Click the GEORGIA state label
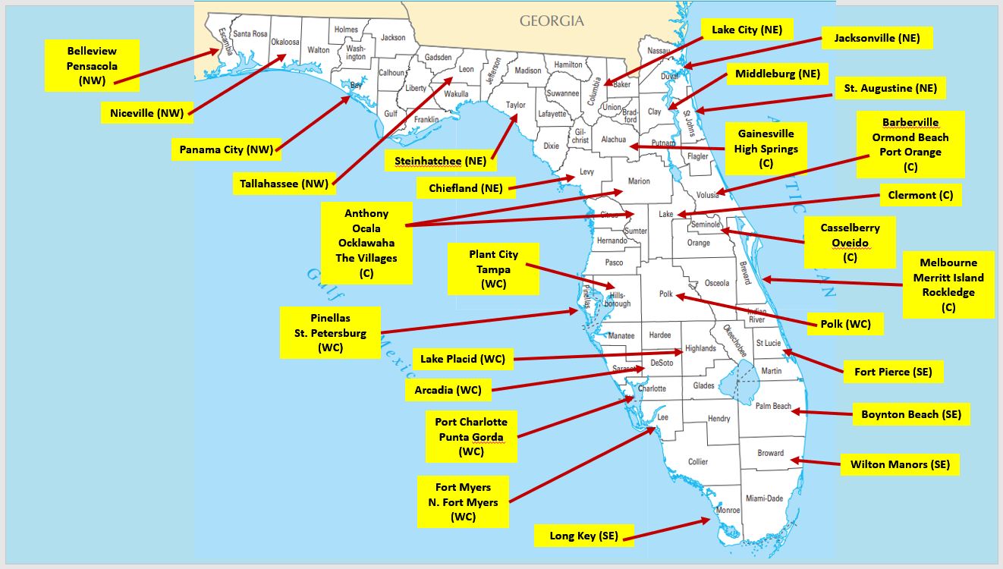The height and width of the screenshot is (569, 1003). pyautogui.click(x=552, y=21)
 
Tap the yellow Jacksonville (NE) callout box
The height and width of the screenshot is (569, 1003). pyautogui.click(x=878, y=38)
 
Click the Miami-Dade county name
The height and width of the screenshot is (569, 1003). pyautogui.click(x=764, y=498)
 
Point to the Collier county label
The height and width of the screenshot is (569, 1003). pyautogui.click(x=698, y=461)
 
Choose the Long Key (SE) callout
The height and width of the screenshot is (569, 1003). pyautogui.click(x=583, y=536)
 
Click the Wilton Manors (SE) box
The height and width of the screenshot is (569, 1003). pyautogui.click(x=900, y=464)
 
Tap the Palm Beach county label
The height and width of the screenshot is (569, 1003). pyautogui.click(x=773, y=407)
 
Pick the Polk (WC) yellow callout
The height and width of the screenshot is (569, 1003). pyautogui.click(x=845, y=325)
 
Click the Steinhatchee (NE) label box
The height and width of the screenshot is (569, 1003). pyautogui.click(x=440, y=161)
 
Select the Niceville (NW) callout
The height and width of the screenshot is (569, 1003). pyautogui.click(x=146, y=114)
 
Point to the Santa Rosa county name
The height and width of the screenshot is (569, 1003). pyautogui.click(x=250, y=33)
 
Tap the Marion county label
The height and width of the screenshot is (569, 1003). pyautogui.click(x=639, y=181)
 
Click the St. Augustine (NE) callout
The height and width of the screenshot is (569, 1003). pyautogui.click(x=890, y=89)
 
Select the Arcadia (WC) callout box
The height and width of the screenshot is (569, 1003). pyautogui.click(x=448, y=391)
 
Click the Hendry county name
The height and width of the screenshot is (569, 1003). pyautogui.click(x=718, y=419)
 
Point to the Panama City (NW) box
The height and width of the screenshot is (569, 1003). pyautogui.click(x=222, y=149)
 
